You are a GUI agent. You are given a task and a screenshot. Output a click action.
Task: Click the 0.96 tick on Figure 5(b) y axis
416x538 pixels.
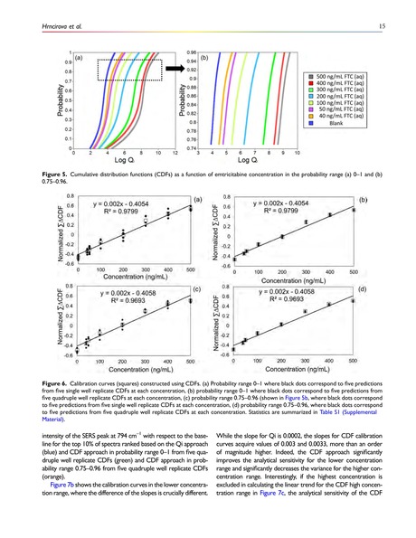pos(192,52)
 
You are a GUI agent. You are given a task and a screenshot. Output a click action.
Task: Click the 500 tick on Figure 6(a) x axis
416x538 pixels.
pos(191,269)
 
